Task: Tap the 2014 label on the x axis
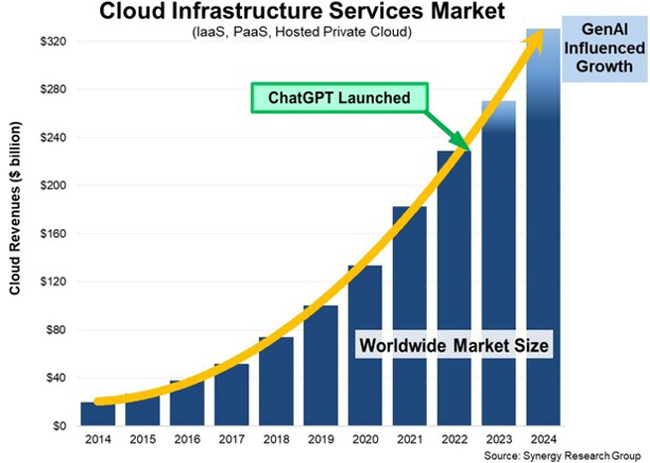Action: point(97,441)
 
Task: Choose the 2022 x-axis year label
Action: point(455,441)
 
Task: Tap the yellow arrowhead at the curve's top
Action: point(536,36)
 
